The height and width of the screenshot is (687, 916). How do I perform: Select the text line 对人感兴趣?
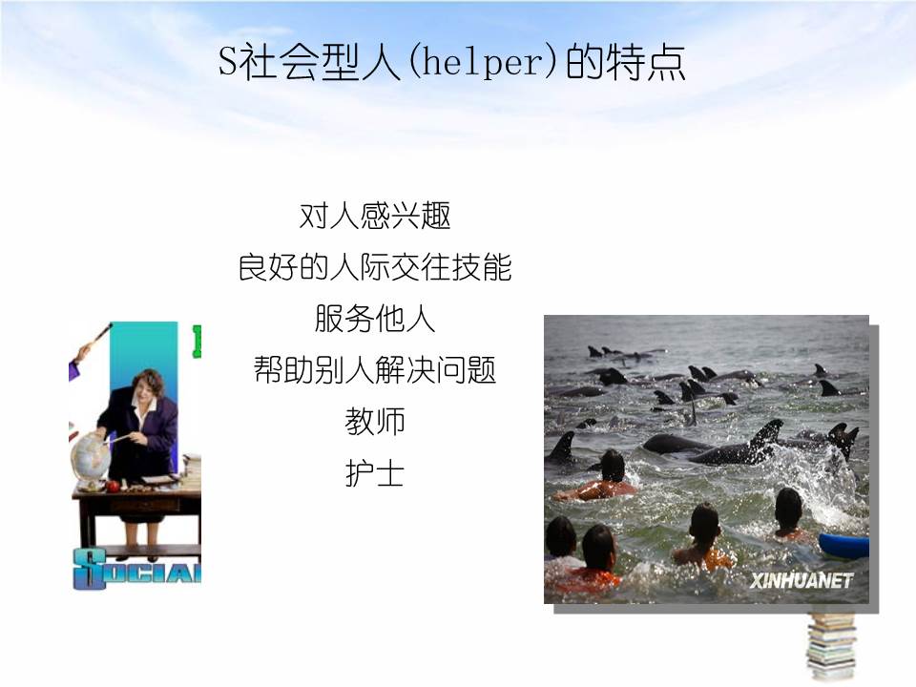click(374, 217)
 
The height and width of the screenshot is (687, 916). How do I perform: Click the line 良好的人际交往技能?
click(374, 268)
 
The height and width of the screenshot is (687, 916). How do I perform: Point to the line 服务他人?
click(374, 319)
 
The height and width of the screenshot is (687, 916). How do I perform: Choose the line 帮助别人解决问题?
click(374, 369)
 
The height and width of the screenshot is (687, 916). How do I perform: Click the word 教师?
click(374, 421)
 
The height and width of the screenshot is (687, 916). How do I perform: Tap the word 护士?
click(374, 472)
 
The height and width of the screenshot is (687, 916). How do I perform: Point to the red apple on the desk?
click(114, 486)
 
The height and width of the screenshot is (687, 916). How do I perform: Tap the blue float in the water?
click(843, 546)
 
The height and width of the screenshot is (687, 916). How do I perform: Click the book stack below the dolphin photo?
click(831, 645)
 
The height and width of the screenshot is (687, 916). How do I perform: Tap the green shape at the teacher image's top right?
click(197, 341)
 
